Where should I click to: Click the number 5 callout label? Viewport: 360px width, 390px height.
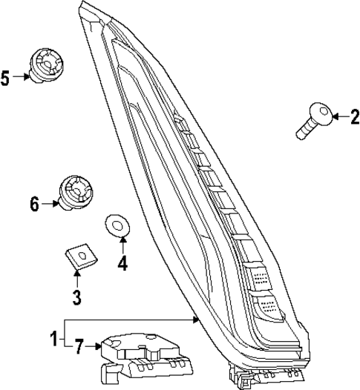coord(6,77)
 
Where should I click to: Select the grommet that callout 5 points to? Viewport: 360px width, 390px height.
coord(45,65)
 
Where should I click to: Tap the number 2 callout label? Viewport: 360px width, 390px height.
coord(354,116)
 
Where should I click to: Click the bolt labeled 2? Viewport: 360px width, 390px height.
coord(312,122)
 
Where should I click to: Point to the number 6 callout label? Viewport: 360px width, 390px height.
coord(34,203)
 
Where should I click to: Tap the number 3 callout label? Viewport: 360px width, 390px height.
coord(77,298)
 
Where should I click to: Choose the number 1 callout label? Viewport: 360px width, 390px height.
coord(53,340)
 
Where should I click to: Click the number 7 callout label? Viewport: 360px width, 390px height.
coord(80,345)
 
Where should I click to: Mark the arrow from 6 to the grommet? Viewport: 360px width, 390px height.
coord(50,202)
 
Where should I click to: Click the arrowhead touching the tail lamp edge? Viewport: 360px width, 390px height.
coord(195,319)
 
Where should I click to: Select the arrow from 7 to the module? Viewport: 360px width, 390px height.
coord(95,345)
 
